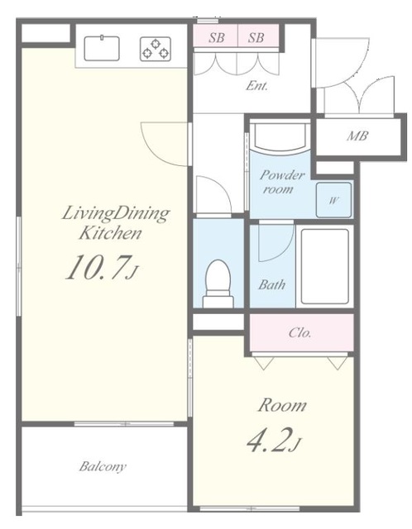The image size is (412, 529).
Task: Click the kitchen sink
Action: click(x=102, y=48)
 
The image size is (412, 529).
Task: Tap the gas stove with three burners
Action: click(x=156, y=49)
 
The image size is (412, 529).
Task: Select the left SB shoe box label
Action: click(x=217, y=37)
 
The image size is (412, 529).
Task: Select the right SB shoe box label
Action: click(x=256, y=37)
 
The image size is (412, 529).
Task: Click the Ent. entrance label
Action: click(x=256, y=86)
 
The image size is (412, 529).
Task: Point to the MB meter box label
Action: click(x=357, y=136)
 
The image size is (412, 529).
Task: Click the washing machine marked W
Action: click(x=333, y=200)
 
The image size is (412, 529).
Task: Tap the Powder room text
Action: click(x=281, y=182)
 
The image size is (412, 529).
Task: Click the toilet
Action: click(x=218, y=284)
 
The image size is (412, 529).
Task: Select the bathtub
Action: click(x=324, y=266)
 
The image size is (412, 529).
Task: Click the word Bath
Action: click(x=272, y=284)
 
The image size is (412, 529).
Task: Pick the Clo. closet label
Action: click(x=299, y=333)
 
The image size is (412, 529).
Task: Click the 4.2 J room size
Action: click(x=274, y=440)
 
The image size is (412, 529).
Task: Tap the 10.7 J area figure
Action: click(x=102, y=267)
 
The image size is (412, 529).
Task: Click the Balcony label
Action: click(x=103, y=466)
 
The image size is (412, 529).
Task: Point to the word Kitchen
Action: click(x=110, y=233)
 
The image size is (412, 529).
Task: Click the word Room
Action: click(x=282, y=405)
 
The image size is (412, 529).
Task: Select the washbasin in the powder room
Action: click(x=281, y=137)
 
